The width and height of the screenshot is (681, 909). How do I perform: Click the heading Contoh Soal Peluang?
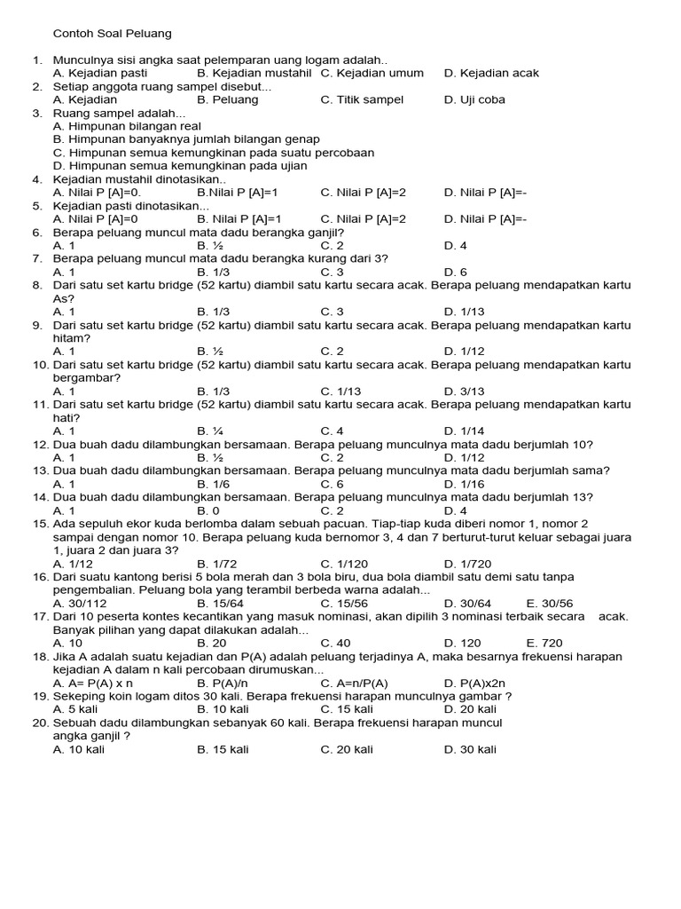click(x=112, y=34)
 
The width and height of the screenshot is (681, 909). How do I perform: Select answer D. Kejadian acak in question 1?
click(x=491, y=73)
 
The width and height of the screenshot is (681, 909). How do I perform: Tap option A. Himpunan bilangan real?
click(x=127, y=126)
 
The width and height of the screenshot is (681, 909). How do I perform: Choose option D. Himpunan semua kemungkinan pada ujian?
click(x=180, y=165)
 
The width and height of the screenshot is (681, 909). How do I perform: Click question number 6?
click(x=37, y=232)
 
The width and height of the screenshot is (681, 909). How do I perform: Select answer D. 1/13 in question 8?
click(x=464, y=312)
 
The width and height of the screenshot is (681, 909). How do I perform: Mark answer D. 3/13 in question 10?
click(x=464, y=391)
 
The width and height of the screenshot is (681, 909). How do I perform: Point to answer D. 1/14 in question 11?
click(x=464, y=431)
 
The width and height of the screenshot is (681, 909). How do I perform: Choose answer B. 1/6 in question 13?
click(x=214, y=484)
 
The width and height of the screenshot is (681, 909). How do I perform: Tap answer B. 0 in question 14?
click(x=208, y=510)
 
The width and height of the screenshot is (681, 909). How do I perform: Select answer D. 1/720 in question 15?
click(x=467, y=563)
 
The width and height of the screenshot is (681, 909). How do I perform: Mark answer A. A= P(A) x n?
click(x=93, y=683)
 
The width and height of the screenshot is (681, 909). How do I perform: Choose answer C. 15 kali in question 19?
click(x=347, y=709)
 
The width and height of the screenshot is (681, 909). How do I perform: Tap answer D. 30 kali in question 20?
click(x=470, y=749)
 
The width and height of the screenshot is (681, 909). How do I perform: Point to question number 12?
click(x=40, y=444)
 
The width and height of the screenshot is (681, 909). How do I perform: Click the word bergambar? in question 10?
click(x=87, y=377)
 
